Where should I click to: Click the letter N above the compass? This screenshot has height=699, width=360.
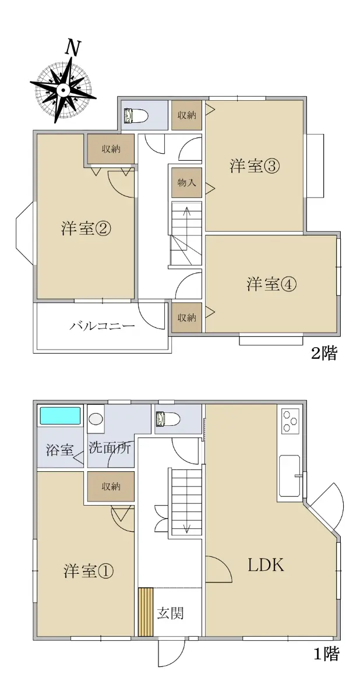(72, 48)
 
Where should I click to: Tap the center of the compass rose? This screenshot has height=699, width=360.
(63, 90)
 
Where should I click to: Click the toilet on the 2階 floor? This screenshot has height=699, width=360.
(135, 115)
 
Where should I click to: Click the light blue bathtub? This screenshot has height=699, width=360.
(59, 416)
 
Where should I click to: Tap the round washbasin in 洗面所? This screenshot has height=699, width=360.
(96, 419)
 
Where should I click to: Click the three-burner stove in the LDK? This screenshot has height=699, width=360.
(290, 421)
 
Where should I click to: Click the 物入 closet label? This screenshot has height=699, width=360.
(186, 182)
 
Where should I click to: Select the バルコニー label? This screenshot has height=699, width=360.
(102, 326)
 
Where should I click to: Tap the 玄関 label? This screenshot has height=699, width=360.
(170, 613)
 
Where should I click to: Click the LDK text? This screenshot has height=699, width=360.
(266, 565)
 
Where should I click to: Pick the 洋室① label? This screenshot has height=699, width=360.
(89, 571)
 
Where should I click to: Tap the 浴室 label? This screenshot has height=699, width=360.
(59, 450)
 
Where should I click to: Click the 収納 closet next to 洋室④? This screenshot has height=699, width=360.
(186, 317)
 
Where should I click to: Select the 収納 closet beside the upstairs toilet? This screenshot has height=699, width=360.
(186, 115)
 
